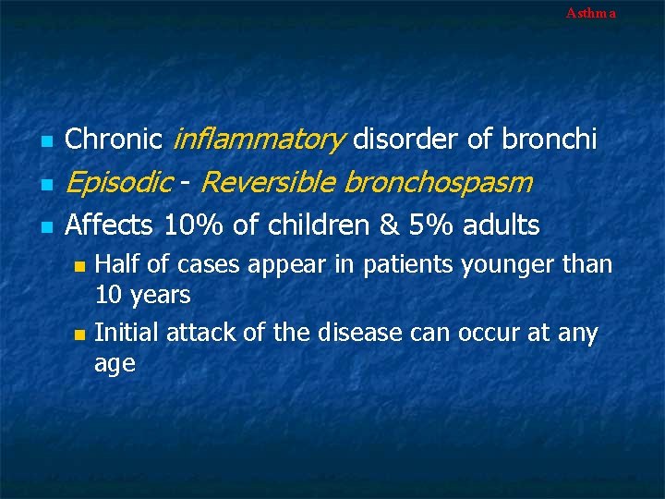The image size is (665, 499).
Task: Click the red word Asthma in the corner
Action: tap(590, 13)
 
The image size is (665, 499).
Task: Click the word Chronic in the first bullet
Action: tap(115, 140)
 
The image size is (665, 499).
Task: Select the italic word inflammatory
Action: tap(259, 140)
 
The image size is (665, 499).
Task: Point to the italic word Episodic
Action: tap(118, 183)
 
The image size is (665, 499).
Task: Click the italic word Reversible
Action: tap(267, 183)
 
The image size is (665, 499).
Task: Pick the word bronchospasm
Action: tap(438, 183)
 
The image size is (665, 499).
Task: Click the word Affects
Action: tap(111, 225)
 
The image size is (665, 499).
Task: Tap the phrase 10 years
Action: tap(142, 296)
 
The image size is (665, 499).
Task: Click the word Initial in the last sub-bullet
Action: tap(127, 332)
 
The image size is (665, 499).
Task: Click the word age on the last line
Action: tap(115, 364)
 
